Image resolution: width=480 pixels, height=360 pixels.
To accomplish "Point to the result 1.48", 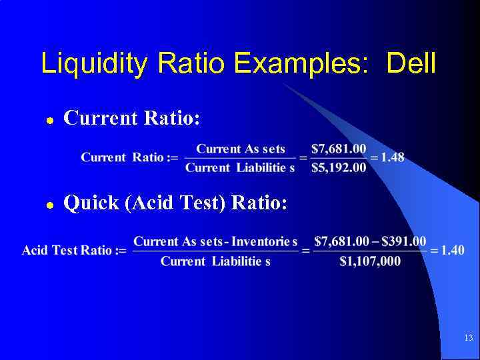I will [x=393, y=157].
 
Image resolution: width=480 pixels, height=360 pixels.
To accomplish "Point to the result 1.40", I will [x=451, y=250].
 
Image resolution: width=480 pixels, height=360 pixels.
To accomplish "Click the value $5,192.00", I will [x=339, y=167].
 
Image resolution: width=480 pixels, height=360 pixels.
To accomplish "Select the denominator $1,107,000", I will [x=370, y=261].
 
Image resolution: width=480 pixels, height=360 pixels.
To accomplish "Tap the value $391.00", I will [x=403, y=240].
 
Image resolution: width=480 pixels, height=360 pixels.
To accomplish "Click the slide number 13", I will [x=468, y=339].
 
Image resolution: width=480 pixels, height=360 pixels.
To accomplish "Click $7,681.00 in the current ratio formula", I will [x=339, y=149].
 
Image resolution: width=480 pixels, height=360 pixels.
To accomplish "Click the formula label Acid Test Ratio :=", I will [x=74, y=251].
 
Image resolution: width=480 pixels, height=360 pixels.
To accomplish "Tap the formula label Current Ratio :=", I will [x=129, y=157].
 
